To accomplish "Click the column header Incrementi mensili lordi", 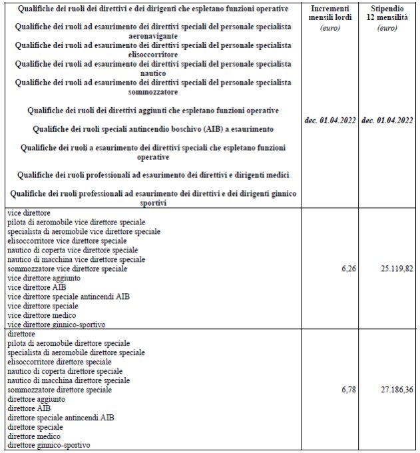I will [x=331, y=17].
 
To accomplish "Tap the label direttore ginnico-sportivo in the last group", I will [x=49, y=445].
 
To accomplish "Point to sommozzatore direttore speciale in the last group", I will [x=59, y=389].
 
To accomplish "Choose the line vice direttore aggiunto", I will [x=43, y=277].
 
